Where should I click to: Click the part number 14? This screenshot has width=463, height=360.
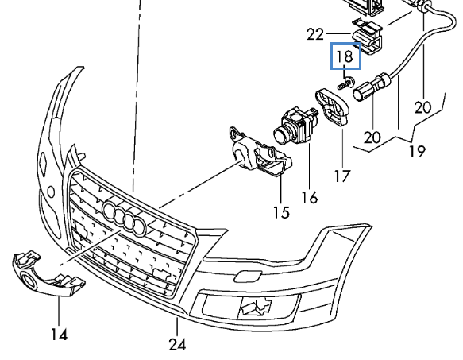click(x=60, y=335)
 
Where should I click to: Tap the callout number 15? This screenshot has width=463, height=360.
click(x=281, y=212)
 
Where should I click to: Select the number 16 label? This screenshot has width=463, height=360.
click(x=310, y=197)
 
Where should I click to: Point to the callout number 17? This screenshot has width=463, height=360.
click(x=342, y=176)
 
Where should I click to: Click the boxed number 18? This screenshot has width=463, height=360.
click(x=345, y=56)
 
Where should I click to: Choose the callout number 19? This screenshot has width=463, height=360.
click(x=417, y=151)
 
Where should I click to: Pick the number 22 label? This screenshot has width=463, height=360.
click(x=315, y=34)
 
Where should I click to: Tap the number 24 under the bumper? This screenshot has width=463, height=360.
click(x=177, y=344)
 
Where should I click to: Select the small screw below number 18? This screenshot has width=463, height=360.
click(x=345, y=83)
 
